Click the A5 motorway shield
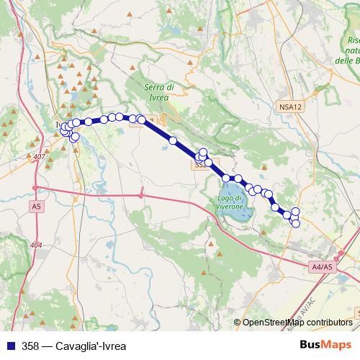pos(36,206)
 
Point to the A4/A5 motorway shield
pos(322,267)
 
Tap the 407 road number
pos(39,157)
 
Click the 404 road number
pos(37,246)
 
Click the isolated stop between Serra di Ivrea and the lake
pos(173,141)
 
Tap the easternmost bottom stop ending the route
pos(295,223)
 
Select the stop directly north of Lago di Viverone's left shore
pos(226,179)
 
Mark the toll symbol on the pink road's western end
pos(34,189)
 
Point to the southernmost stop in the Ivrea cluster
pos(75,136)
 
